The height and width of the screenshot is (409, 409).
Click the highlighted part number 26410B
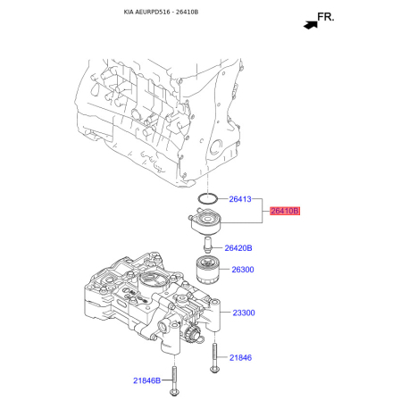point(285,211)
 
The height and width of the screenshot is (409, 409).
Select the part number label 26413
point(241,199)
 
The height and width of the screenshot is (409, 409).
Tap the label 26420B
point(238,247)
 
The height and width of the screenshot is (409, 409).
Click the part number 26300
point(243,269)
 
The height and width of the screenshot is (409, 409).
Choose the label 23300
point(244,313)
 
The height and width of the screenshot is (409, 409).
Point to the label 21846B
point(147,380)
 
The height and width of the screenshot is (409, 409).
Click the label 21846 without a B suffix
point(240,357)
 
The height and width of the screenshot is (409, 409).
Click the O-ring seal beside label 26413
point(207,198)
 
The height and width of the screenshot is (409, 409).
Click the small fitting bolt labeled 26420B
point(207,245)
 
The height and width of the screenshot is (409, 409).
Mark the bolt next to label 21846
point(215,356)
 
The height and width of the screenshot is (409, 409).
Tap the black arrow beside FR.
point(310,24)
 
